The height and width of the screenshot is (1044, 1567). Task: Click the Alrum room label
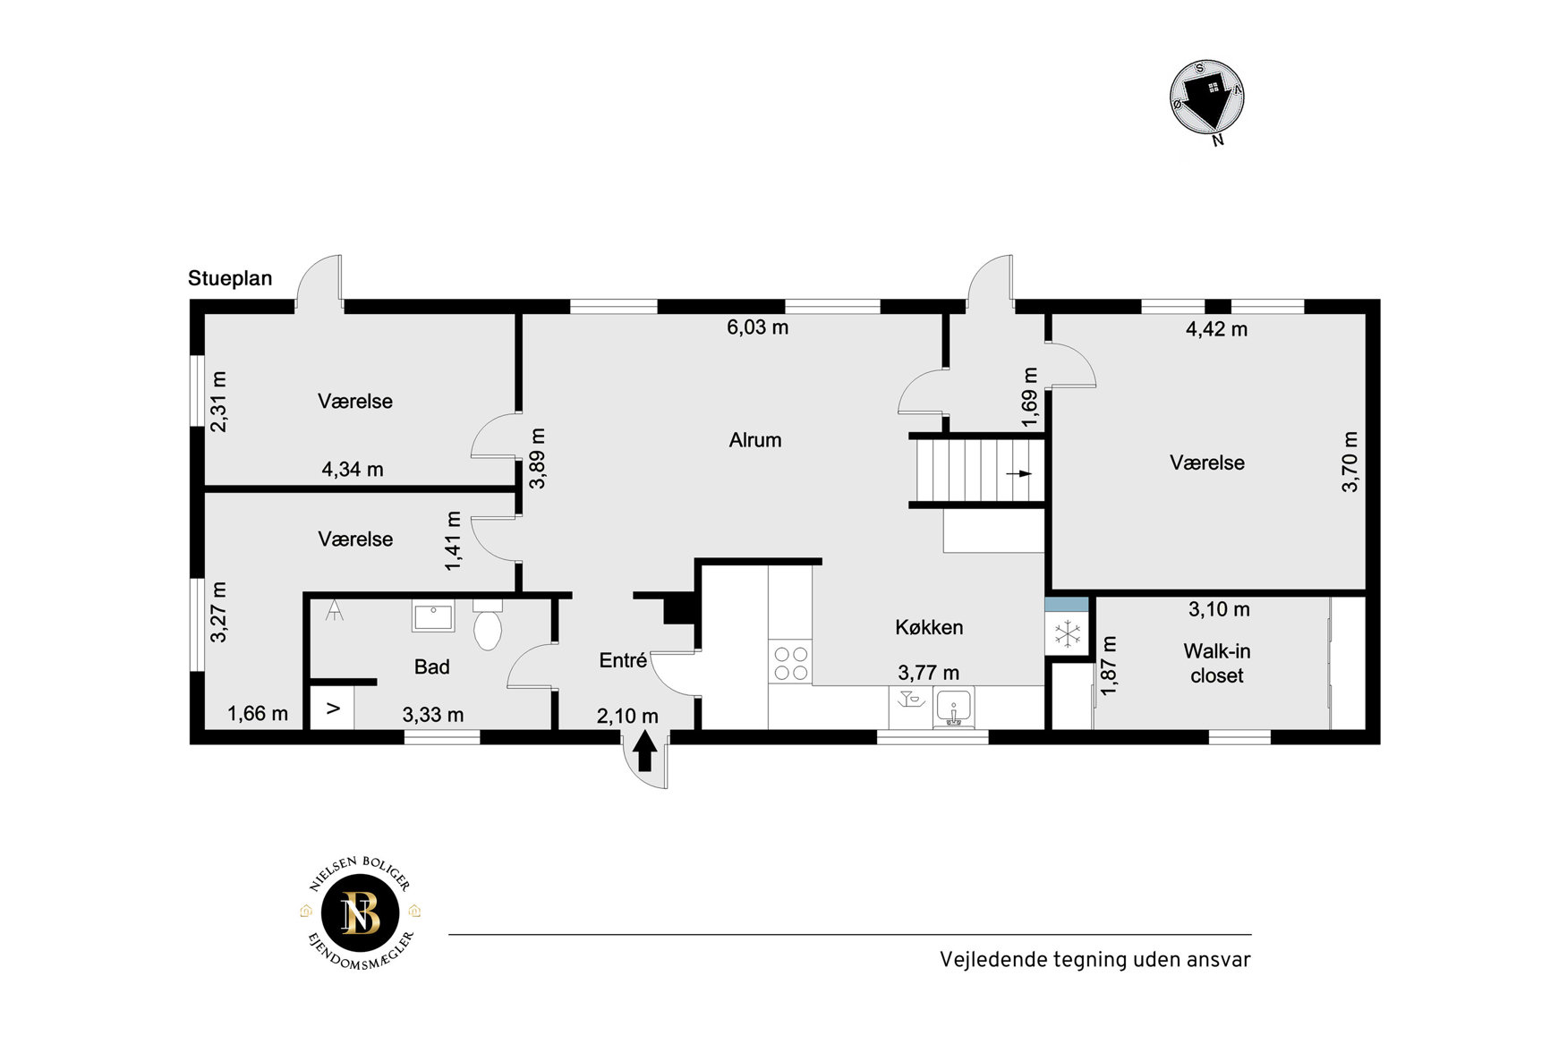pyautogui.click(x=755, y=440)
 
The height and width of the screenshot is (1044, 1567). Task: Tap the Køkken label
pyautogui.click(x=929, y=627)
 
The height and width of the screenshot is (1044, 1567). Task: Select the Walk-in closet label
pyautogui.click(x=1217, y=663)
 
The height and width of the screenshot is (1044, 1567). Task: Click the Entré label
pyautogui.click(x=623, y=660)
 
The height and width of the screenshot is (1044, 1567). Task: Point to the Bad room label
pyautogui.click(x=431, y=666)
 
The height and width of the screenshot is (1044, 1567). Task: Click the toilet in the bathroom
pyautogui.click(x=487, y=625)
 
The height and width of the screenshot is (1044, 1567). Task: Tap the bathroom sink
pyautogui.click(x=433, y=615)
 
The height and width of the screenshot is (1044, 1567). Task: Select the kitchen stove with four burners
pyautogui.click(x=790, y=663)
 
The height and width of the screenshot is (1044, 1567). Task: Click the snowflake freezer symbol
pyautogui.click(x=1067, y=634)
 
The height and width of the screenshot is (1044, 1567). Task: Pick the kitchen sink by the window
pyautogui.click(x=954, y=708)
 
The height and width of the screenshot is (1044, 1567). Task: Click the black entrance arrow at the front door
pyautogui.click(x=645, y=751)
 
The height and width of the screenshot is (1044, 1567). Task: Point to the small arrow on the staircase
pyautogui.click(x=1018, y=473)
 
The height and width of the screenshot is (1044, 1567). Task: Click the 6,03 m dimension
pyautogui.click(x=757, y=327)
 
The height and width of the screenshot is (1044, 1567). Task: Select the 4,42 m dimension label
pyautogui.click(x=1216, y=329)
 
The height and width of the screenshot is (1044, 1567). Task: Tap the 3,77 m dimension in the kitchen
pyautogui.click(x=928, y=673)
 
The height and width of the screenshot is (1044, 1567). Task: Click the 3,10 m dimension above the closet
pyautogui.click(x=1219, y=609)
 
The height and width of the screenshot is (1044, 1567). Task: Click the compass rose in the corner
pyautogui.click(x=1207, y=99)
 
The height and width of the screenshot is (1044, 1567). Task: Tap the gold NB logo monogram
pyautogui.click(x=361, y=914)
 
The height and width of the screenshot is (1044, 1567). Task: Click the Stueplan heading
pyautogui.click(x=230, y=278)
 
